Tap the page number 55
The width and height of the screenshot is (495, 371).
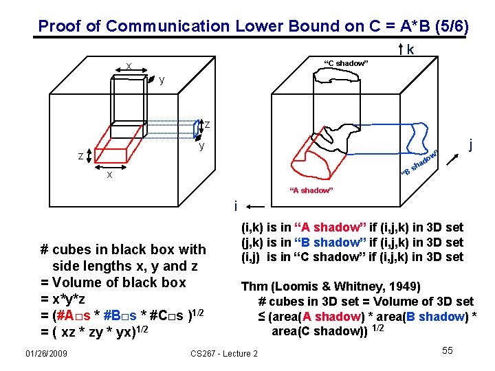click(447, 351)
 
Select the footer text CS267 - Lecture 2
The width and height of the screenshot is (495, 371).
click(223, 353)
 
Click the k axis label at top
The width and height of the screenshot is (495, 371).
click(410, 50)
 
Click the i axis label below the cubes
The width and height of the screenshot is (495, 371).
click(236, 205)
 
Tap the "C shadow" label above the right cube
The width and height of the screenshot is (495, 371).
click(346, 64)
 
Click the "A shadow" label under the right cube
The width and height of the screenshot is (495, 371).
click(311, 190)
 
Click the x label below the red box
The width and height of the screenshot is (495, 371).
click(108, 175)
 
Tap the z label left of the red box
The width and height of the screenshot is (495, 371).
click(80, 157)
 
